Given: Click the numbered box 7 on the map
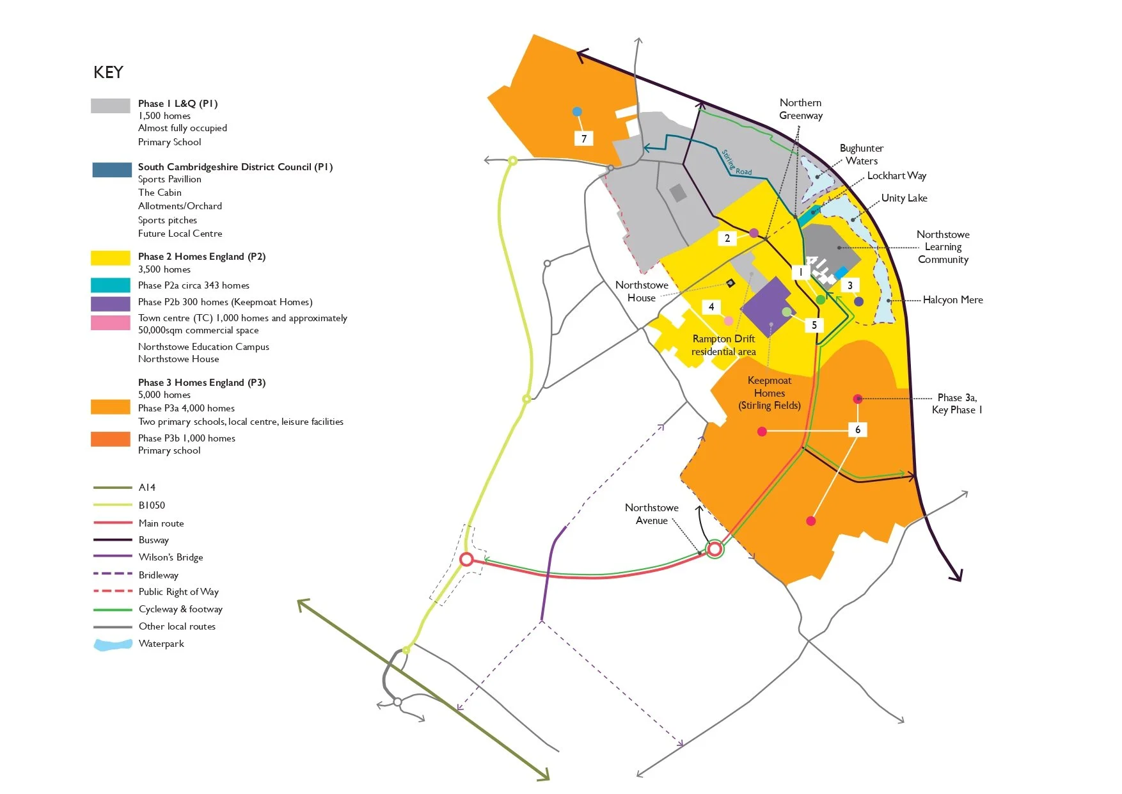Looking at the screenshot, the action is pos(583,138).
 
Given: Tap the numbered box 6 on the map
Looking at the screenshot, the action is pos(858,429).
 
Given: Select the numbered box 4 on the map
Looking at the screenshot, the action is pos(711,307).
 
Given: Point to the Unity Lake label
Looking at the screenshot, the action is pos(904,198).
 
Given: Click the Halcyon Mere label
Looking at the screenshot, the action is pos(952,299).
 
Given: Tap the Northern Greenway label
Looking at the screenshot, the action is pos(801,109).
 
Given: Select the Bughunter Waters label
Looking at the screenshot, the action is pos(862,154).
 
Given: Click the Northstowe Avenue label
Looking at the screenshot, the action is pos(652,514).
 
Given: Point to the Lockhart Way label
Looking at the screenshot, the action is pos(896,175).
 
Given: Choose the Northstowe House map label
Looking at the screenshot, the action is pos(642,291).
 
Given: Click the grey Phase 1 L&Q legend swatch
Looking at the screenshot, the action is pos(111,106).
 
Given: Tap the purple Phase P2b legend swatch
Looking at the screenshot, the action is pos(111,303).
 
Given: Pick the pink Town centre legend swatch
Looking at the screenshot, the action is pos(111,322).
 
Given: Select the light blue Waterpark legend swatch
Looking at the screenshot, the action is pos(113,645).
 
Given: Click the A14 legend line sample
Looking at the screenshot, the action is pos(113,488).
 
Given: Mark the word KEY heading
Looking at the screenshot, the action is pos(108,72).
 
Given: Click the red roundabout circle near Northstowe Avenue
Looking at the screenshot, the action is pos(715,548).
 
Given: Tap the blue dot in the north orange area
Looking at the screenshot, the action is pos(577,112).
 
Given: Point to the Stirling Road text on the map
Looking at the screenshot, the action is pos(736,163).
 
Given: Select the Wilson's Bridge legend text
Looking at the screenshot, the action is pos(171,557).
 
